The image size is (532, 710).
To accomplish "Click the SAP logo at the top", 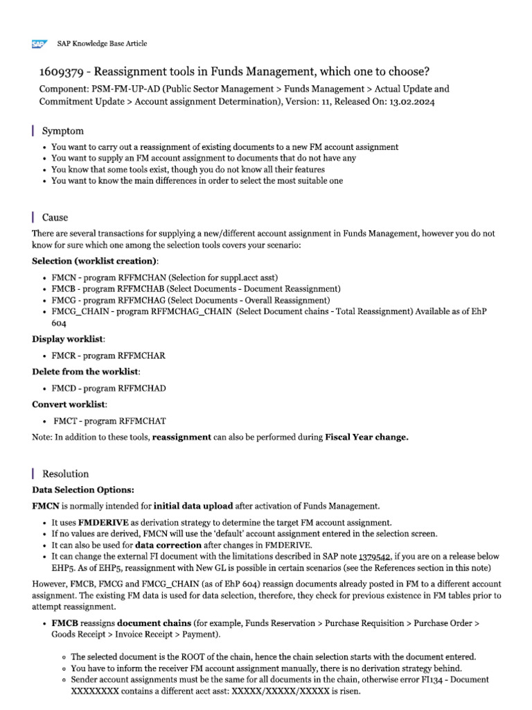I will point(39,44).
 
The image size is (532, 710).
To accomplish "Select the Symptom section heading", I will point(63,131).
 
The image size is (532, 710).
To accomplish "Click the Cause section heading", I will point(55,217).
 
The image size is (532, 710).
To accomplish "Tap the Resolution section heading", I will point(65,474).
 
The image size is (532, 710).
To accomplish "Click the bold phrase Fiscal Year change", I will point(367,438).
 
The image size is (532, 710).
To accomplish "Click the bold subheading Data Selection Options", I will point(83,490).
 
